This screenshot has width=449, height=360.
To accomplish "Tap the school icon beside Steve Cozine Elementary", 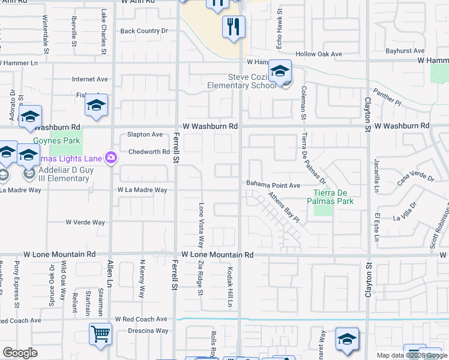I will [x=280, y=71].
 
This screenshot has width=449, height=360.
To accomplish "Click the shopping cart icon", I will [x=100, y=334].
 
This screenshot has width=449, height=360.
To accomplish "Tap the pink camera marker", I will [x=110, y=158].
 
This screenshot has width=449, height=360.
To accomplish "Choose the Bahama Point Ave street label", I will [x=273, y=185].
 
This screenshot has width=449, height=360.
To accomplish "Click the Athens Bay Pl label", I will [x=283, y=207].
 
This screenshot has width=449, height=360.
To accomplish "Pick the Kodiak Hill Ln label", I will [x=230, y=287].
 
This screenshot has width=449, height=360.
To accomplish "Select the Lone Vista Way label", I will [x=202, y=224].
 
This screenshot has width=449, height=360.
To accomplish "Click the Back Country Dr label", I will [x=144, y=31].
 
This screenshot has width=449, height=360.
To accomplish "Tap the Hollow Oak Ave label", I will [x=323, y=54].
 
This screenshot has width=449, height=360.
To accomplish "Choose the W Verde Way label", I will [x=86, y=222].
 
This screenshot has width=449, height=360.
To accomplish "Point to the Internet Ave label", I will [x=90, y=79].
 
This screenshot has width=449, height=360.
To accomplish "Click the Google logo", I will [x=20, y=353].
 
